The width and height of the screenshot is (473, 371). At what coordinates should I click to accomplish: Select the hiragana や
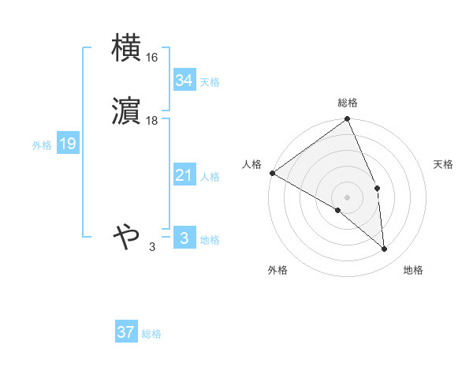click(126, 236)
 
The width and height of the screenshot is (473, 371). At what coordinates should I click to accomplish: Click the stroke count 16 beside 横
click(152, 58)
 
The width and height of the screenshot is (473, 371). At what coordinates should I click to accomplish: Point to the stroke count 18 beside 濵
click(152, 121)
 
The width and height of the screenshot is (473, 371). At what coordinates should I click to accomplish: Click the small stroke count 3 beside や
click(152, 247)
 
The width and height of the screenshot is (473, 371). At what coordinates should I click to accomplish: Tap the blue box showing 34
click(184, 81)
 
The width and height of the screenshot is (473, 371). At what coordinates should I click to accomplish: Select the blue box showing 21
click(184, 175)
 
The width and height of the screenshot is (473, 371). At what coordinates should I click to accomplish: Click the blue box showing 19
click(67, 144)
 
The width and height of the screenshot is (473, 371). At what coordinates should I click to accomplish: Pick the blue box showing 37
click(125, 332)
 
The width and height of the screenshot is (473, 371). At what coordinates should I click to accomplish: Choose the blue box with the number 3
click(184, 238)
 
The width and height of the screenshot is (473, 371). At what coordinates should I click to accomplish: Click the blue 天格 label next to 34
click(210, 82)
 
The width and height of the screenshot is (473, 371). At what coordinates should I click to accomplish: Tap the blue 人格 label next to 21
click(210, 177)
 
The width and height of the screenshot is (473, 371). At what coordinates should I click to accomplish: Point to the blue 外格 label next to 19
click(41, 145)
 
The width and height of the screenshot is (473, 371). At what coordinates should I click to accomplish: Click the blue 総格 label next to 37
click(151, 334)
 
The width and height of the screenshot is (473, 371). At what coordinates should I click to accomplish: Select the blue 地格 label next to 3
click(210, 240)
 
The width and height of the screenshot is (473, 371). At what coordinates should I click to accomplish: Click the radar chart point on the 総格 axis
click(348, 119)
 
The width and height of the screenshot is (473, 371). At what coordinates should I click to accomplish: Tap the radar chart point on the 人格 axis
click(272, 173)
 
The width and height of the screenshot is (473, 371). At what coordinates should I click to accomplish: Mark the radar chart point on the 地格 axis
click(385, 249)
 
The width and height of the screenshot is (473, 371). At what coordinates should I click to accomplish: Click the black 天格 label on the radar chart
click(444, 164)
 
